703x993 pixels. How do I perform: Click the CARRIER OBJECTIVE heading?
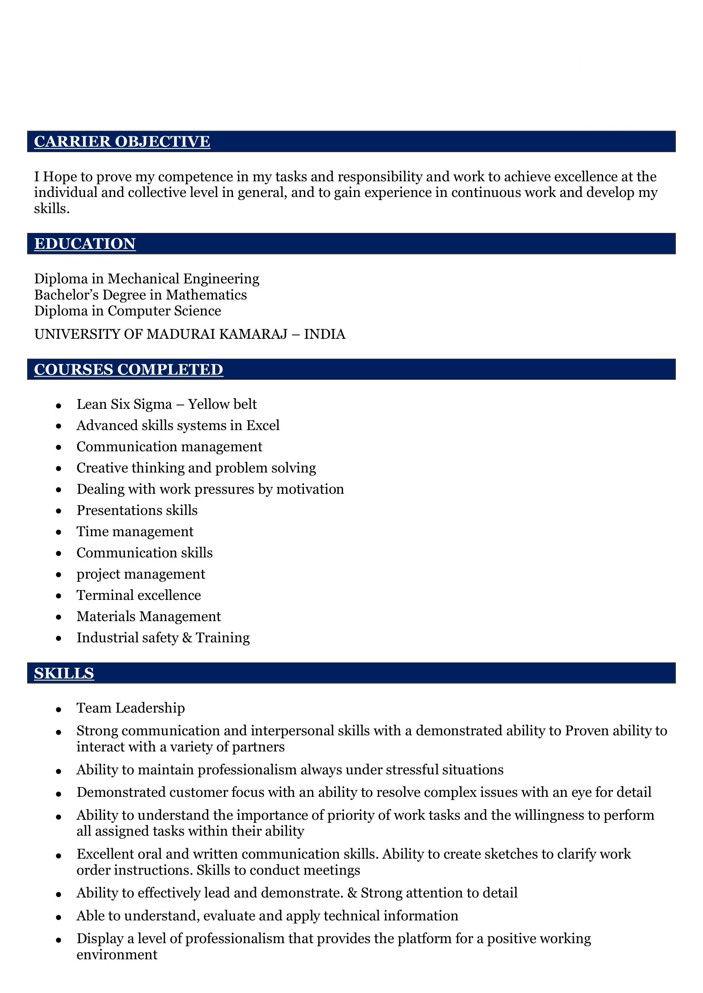pyautogui.click(x=122, y=141)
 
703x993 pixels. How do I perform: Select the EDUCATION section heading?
pyautogui.click(x=85, y=244)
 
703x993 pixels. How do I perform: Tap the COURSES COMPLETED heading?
pyautogui.click(x=128, y=369)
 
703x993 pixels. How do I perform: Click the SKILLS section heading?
pyautogui.click(x=64, y=673)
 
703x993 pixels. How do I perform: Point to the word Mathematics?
pyautogui.click(x=206, y=295)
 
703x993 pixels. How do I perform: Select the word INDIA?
pyautogui.click(x=324, y=334)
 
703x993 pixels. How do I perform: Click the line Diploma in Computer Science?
pyautogui.click(x=128, y=311)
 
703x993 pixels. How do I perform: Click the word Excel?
pyautogui.click(x=263, y=425)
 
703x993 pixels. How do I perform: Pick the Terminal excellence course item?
pyautogui.click(x=139, y=596)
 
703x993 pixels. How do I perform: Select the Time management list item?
pyautogui.click(x=135, y=532)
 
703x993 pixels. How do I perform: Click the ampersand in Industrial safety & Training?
pyautogui.click(x=187, y=638)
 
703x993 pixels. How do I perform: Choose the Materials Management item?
pyautogui.click(x=148, y=617)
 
